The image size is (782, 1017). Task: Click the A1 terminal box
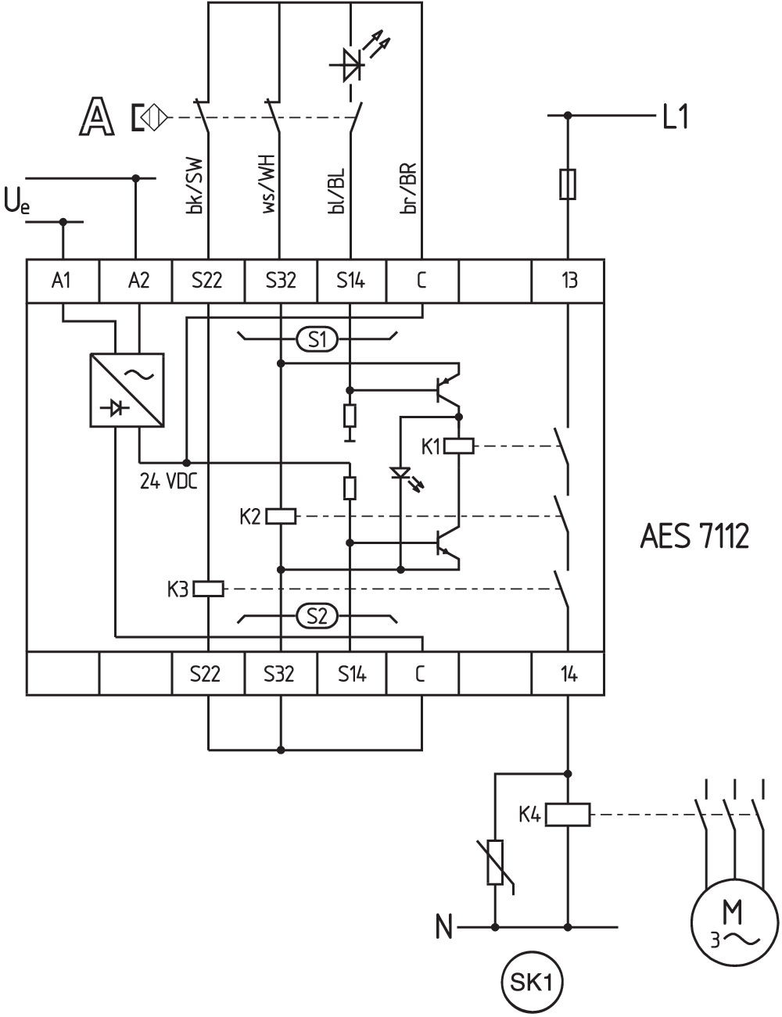click(63, 281)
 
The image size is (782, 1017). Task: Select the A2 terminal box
click(136, 281)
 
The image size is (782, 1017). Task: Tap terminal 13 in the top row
click(569, 281)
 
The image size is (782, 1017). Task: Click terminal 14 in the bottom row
click(569, 674)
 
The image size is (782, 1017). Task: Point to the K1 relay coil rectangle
click(458, 446)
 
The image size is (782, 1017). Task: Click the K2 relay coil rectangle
click(281, 516)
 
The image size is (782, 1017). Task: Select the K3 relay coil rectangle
click(208, 589)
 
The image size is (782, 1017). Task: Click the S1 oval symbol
click(317, 338)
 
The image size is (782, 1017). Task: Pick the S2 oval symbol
click(317, 617)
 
